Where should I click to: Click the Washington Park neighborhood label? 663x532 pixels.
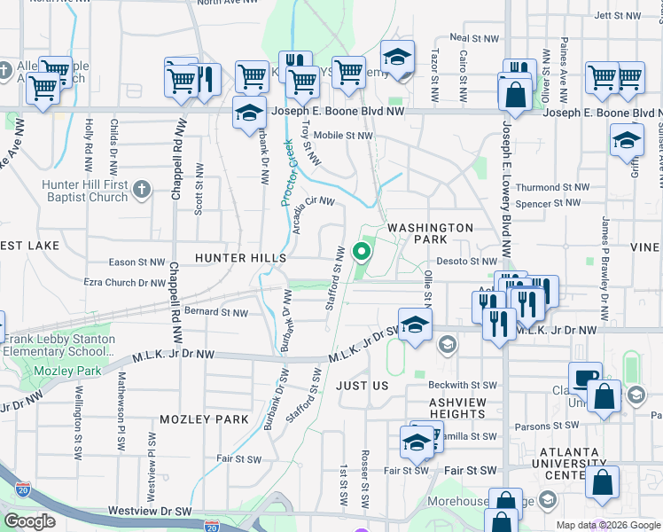coord(431,234)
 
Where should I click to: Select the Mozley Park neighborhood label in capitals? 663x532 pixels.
coord(204,419)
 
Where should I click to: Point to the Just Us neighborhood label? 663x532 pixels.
coord(363,386)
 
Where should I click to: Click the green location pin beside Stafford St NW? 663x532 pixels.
coord(362,253)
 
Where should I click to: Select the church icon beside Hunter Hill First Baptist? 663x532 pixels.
coord(142,188)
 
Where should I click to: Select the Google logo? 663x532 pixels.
coord(30,521)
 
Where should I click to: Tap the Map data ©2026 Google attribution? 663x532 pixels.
coord(608,525)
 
